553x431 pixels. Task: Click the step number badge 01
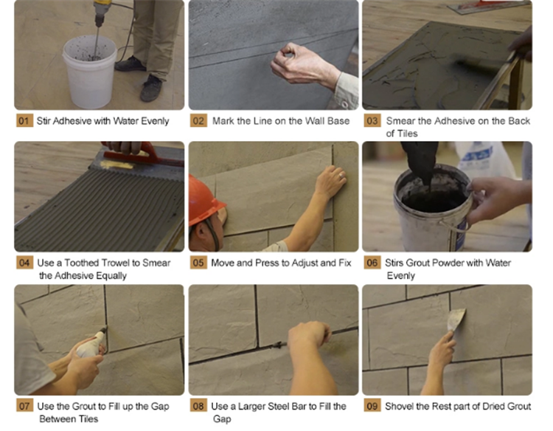24,121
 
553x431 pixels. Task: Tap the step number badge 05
198,263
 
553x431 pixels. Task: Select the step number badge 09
372,406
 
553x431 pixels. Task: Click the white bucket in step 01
90,71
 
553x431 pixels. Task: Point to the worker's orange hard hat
204,201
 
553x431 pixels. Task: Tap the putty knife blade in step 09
457,320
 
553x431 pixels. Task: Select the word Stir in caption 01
44,121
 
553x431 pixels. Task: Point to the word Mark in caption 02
223,121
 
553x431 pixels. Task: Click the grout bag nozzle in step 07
103,330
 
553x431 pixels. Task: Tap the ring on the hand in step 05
341,176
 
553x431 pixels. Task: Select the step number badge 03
372,121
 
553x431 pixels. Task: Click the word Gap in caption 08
222,419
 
